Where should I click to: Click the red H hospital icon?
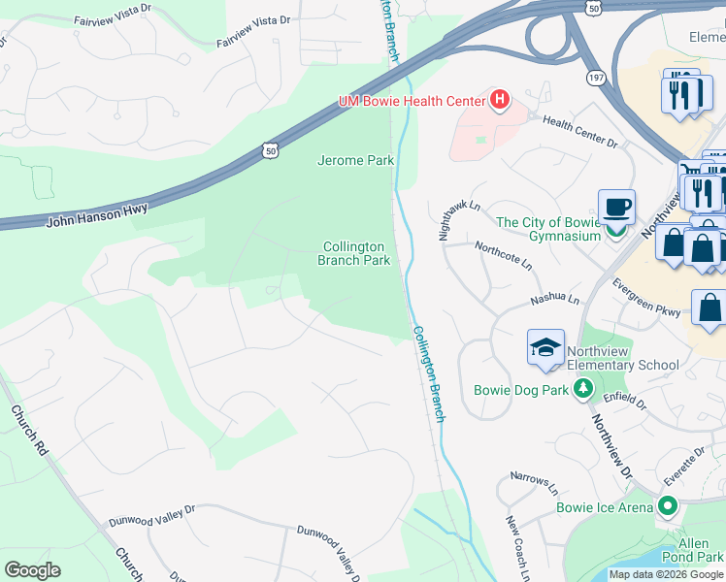pos(500,99)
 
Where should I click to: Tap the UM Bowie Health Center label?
pos(412,100)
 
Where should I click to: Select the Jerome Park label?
pos(354,160)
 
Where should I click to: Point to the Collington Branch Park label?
pos(354,253)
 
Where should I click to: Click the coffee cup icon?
pos(616,207)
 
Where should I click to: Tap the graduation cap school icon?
pos(545,347)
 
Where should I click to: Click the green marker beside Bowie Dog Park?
pos(582,390)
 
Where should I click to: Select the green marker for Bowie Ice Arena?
pos(667,506)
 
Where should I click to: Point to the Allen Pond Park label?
pos(692,549)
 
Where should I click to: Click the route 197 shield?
pos(595,76)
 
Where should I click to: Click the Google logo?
pos(32,569)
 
